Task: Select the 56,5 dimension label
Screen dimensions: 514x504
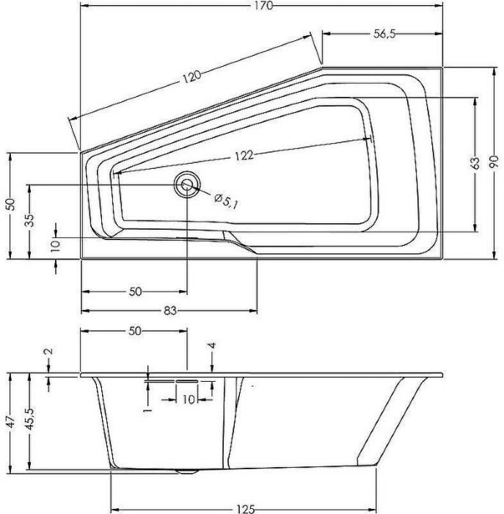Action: tap(379, 35)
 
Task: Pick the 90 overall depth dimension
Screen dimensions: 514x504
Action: tap(493, 162)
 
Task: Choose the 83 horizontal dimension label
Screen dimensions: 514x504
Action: tap(169, 311)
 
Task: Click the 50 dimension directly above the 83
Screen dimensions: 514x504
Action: tap(135, 292)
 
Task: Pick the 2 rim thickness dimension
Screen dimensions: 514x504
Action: tap(48, 352)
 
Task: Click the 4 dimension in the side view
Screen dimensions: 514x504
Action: tap(212, 346)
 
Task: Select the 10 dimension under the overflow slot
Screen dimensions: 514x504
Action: tap(188, 399)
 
